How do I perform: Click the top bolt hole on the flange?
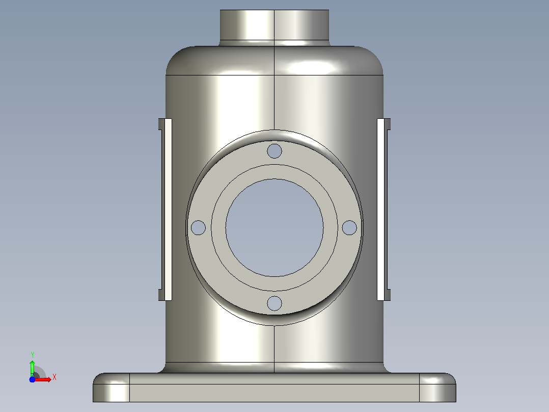pyautogui.click(x=274, y=151)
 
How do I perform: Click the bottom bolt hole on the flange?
pyautogui.click(x=274, y=303)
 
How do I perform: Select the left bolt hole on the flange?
pyautogui.click(x=198, y=227)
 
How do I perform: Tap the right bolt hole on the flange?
pyautogui.click(x=349, y=227)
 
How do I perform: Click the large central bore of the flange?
pyautogui.click(x=274, y=227)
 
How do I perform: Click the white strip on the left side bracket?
pyautogui.click(x=168, y=210)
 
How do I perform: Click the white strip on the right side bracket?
pyautogui.click(x=380, y=210)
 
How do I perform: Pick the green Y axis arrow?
pyautogui.click(x=32, y=368)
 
